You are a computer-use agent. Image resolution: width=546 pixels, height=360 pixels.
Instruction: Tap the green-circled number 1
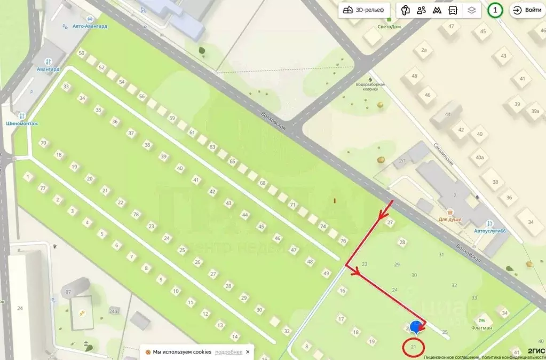[495, 10]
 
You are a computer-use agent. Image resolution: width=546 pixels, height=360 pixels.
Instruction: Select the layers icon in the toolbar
[471, 10]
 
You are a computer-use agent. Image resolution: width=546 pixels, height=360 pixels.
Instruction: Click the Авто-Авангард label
[90, 26]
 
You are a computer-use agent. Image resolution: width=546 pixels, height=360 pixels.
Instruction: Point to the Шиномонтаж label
[21, 123]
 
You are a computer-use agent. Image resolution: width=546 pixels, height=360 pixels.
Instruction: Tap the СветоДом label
[388, 27]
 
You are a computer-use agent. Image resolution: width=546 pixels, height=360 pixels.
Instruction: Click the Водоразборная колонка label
[370, 87]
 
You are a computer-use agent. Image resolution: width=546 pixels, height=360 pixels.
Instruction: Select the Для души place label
[450, 219]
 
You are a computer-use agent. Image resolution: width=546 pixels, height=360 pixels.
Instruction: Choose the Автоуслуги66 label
[489, 231]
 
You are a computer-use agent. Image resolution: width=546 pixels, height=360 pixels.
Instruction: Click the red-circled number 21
[414, 347]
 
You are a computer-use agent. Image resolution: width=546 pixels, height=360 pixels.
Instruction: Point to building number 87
[68, 292]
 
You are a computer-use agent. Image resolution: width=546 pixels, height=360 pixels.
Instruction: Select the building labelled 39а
[535, 111]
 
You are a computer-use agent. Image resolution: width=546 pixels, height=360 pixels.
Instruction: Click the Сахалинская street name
[444, 155]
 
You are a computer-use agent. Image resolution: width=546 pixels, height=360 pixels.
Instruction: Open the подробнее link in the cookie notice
[228, 352]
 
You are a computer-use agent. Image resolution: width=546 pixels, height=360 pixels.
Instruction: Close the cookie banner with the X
[248, 352]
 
